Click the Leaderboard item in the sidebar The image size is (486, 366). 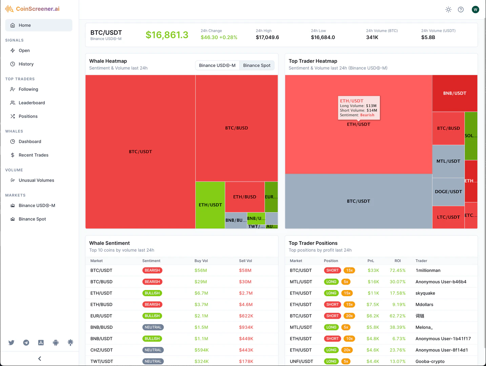(x=32, y=103)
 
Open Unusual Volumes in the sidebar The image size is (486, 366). (x=36, y=180)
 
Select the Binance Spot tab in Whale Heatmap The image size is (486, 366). (x=257, y=65)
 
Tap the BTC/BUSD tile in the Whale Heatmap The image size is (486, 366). (x=237, y=128)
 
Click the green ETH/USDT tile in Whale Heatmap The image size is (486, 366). (x=210, y=205)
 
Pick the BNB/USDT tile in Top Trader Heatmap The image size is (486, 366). (x=454, y=93)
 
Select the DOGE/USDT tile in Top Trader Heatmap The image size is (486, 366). (x=448, y=192)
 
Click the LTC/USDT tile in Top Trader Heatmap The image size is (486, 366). (x=448, y=217)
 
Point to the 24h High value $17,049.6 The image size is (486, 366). (x=267, y=37)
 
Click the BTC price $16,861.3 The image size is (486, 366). (x=167, y=35)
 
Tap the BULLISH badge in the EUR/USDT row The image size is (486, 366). (x=152, y=316)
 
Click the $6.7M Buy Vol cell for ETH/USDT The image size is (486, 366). (x=201, y=293)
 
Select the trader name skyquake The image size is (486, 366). (x=425, y=293)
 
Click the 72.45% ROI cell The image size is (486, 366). (x=398, y=270)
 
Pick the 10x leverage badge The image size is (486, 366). (x=349, y=339)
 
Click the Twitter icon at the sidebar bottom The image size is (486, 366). (x=12, y=343)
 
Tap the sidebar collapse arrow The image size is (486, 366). (x=40, y=359)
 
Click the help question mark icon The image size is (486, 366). (x=461, y=9)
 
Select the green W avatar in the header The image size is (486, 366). (x=475, y=9)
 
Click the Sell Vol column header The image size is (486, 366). (x=245, y=261)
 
